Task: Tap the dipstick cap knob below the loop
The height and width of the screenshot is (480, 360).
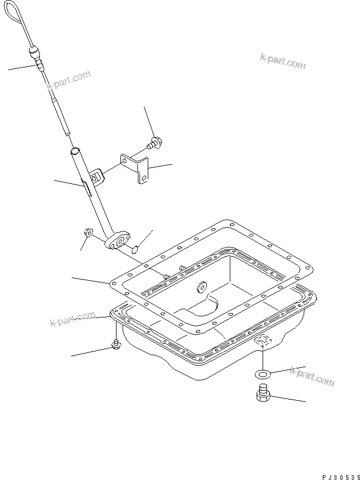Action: (34, 54)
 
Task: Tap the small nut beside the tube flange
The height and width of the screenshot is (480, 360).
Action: (87, 234)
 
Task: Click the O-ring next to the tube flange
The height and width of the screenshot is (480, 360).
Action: (135, 251)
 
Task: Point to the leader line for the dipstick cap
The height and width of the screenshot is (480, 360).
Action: (22, 67)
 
